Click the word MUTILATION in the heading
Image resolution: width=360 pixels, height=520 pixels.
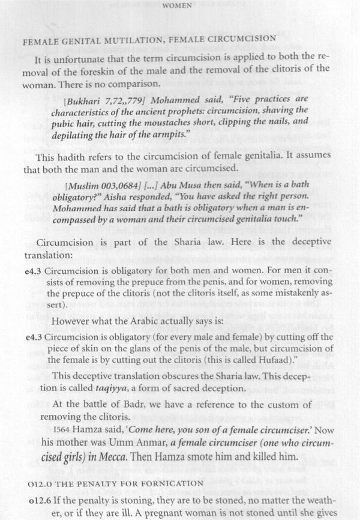(127, 38)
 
